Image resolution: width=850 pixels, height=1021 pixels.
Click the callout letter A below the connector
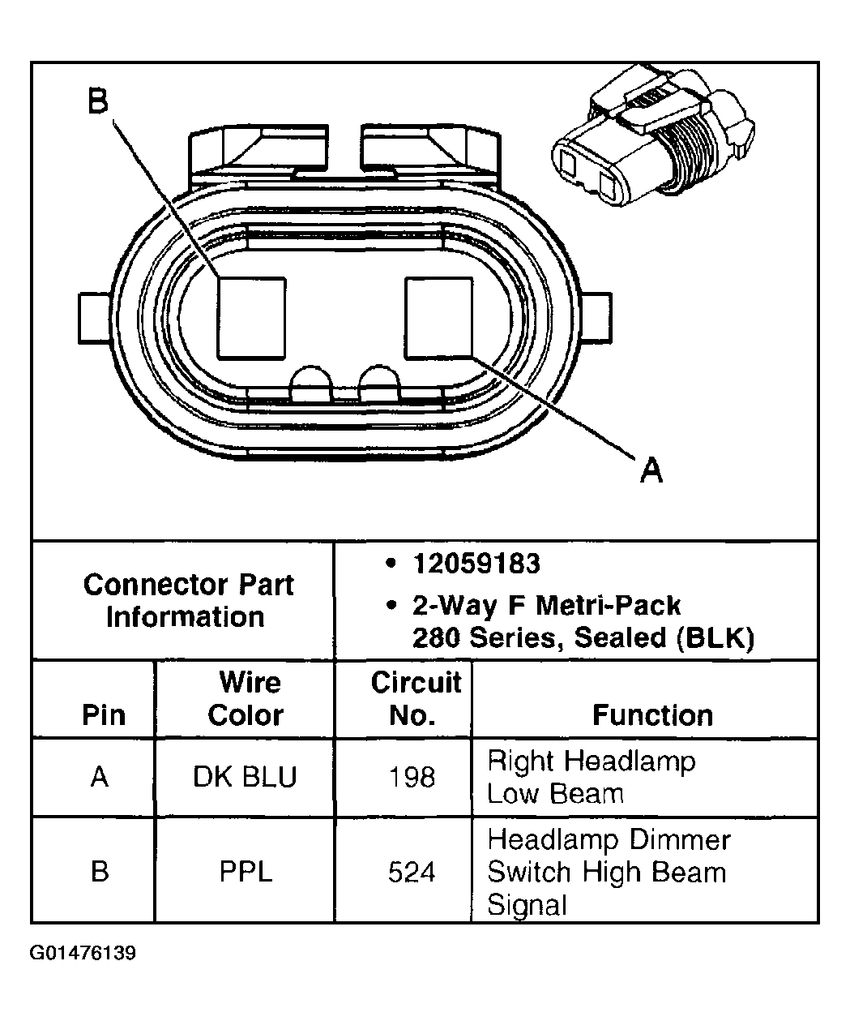pyautogui.click(x=651, y=469)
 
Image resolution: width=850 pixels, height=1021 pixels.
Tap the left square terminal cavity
pyautogui.click(x=251, y=318)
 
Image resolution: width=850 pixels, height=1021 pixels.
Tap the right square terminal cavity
pyautogui.click(x=438, y=317)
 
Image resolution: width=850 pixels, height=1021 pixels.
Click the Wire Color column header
pyautogui.click(x=246, y=698)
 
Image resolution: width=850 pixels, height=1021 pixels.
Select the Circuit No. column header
pyautogui.click(x=415, y=698)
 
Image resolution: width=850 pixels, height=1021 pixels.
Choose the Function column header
pyautogui.click(x=652, y=714)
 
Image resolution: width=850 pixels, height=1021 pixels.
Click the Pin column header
pyautogui.click(x=105, y=714)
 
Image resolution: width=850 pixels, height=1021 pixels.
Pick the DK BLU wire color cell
pyautogui.click(x=245, y=777)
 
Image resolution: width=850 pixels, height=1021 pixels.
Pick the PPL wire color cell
pyautogui.click(x=246, y=872)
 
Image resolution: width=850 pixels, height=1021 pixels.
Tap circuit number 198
pyautogui.click(x=412, y=777)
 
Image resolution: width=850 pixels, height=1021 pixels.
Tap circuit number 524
pyautogui.click(x=412, y=873)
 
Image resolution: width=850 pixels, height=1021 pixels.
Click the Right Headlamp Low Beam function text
pyautogui.click(x=591, y=777)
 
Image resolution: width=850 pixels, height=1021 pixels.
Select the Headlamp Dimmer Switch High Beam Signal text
pyautogui.click(x=608, y=872)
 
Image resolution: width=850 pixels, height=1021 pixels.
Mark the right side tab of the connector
pyautogui.click(x=596, y=318)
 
